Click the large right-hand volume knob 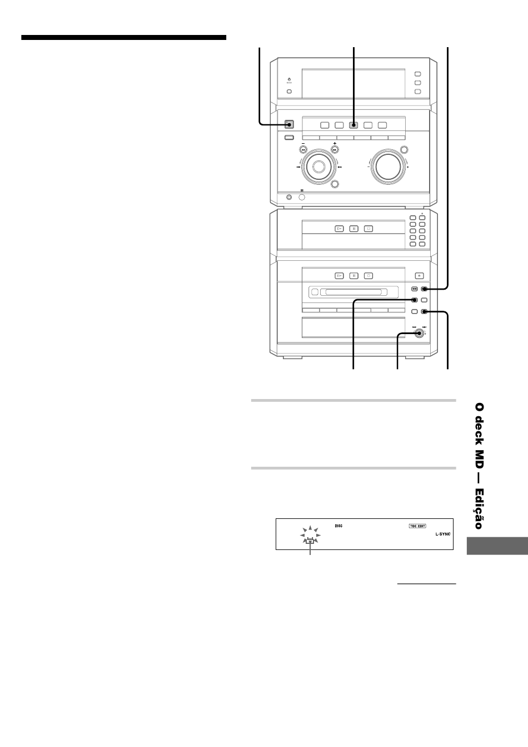click(387, 165)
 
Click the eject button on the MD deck click(419, 275)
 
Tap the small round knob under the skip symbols click(420, 334)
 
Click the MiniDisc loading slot click(353, 292)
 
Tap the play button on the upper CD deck click(340, 228)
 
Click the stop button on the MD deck click(368, 275)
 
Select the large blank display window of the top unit click(353, 83)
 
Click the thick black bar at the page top click(124, 38)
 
